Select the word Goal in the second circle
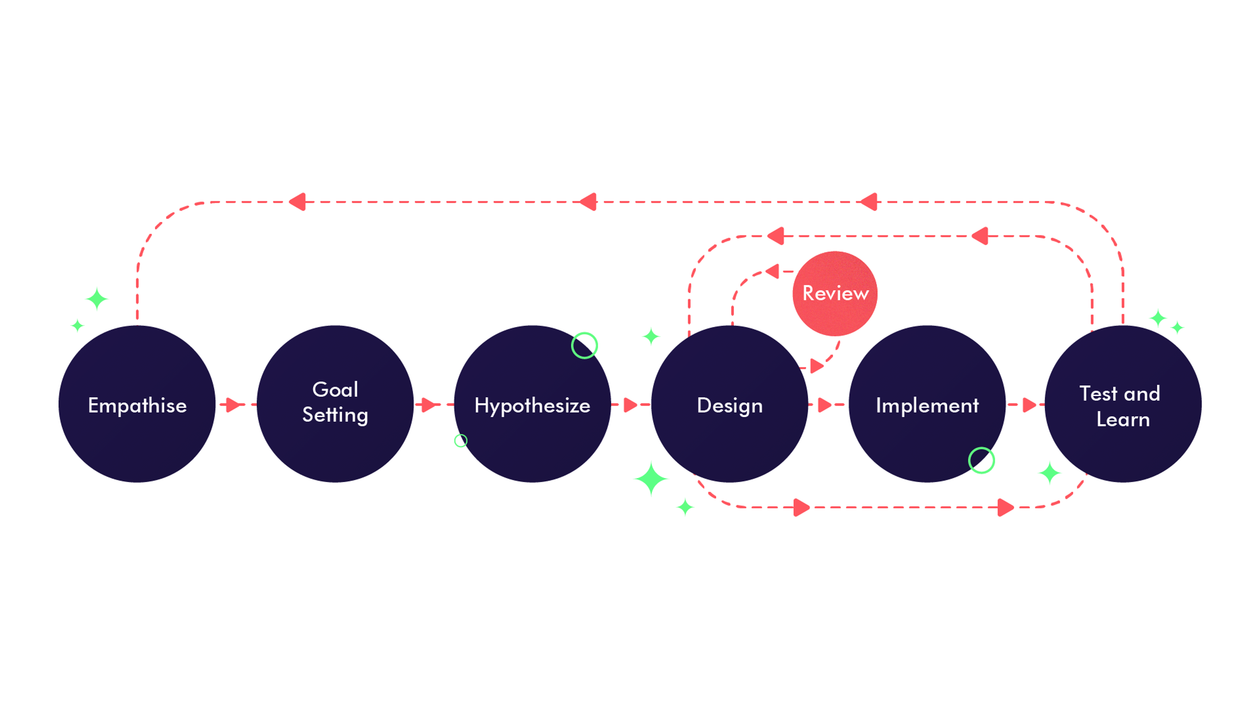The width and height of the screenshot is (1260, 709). (335, 390)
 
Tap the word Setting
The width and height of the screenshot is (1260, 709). (335, 415)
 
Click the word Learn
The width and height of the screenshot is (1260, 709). (1123, 419)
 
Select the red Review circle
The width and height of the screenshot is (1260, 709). (835, 293)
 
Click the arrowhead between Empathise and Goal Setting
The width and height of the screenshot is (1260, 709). (233, 405)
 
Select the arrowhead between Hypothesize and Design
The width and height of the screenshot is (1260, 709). (630, 405)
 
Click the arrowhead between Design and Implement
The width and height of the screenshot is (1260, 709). (824, 405)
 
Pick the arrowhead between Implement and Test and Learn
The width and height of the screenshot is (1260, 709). (1029, 405)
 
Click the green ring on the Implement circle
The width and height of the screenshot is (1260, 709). (981, 461)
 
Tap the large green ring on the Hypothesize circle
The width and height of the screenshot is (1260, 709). (584, 345)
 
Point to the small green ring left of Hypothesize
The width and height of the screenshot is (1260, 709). (460, 441)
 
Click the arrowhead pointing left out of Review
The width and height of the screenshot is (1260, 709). (773, 271)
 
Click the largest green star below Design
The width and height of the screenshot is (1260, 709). (651, 479)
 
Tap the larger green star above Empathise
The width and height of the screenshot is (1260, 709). (97, 298)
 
